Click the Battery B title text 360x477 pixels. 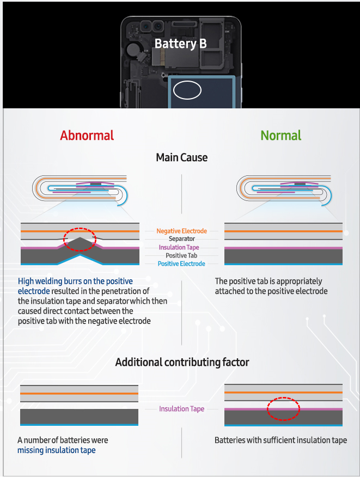180,44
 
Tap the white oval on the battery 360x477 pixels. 187,81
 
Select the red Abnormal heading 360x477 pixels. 87,136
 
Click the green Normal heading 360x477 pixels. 281,136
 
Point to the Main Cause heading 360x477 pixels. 182,157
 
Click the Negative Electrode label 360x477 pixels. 182,231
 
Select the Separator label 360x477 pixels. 182,239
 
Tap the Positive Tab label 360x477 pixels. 181,255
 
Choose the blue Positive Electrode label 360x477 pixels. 181,264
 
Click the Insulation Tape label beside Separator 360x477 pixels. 179,247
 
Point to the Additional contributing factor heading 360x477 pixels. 182,362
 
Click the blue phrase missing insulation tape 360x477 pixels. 56,450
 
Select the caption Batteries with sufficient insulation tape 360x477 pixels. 280,440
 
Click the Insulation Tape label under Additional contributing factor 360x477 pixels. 182,409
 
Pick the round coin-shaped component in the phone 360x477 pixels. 133,50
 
